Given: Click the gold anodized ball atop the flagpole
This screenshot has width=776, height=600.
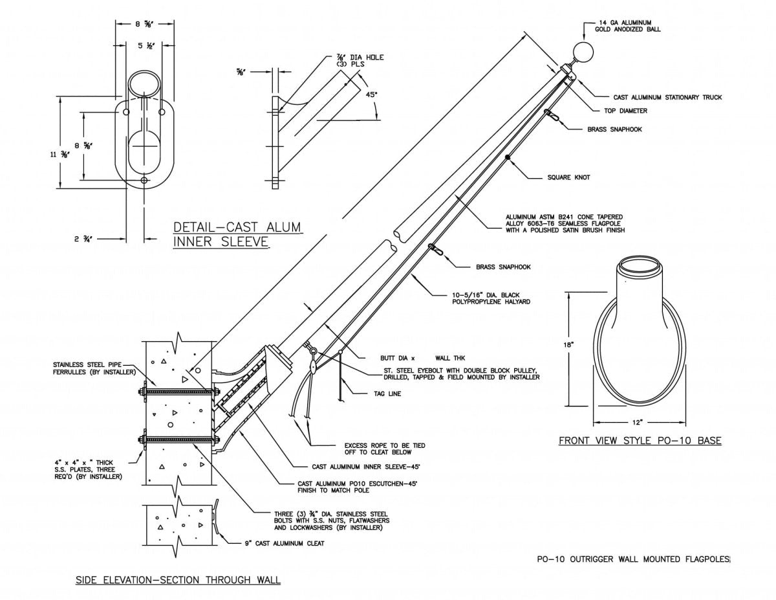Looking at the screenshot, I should (584, 52).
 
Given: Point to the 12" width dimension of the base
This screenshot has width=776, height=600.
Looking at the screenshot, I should (638, 422).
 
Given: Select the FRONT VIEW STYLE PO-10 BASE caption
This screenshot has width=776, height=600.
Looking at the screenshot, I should (640, 441).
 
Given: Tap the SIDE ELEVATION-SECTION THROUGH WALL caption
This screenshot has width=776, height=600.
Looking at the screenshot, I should (178, 579).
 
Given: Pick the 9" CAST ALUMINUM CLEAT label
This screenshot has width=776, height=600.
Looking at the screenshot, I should (280, 544).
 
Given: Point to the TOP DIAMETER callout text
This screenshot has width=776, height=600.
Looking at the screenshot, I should (625, 111).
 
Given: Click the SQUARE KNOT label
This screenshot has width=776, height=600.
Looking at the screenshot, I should (570, 177).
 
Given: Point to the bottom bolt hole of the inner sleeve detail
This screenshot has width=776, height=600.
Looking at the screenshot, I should (144, 181).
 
